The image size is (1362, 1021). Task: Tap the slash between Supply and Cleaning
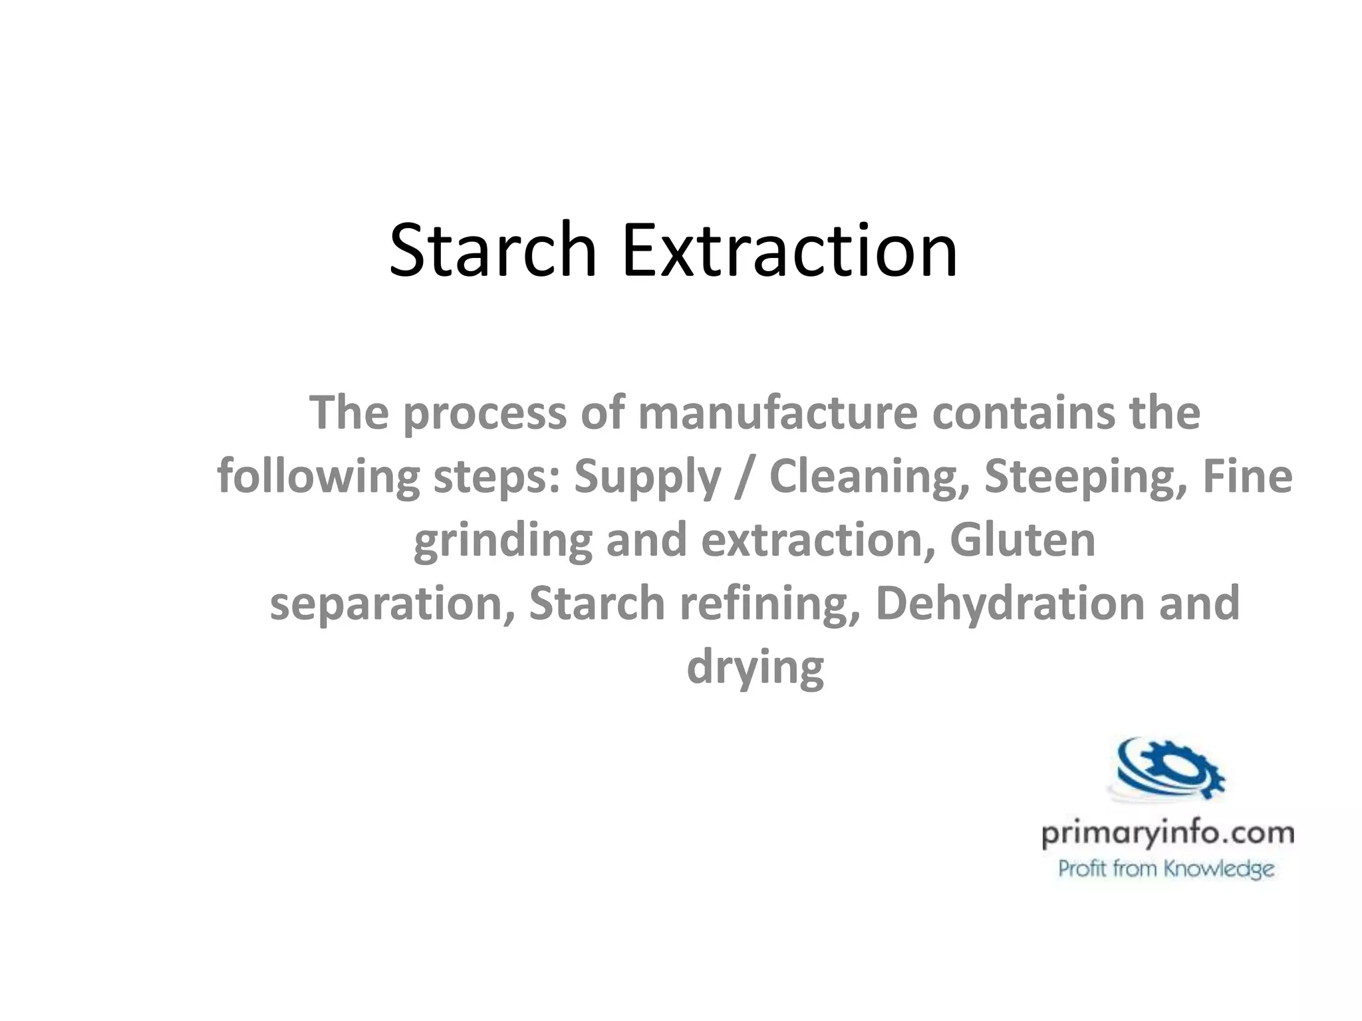tap(745, 477)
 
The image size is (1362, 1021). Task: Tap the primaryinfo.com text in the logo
tap(1167, 834)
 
